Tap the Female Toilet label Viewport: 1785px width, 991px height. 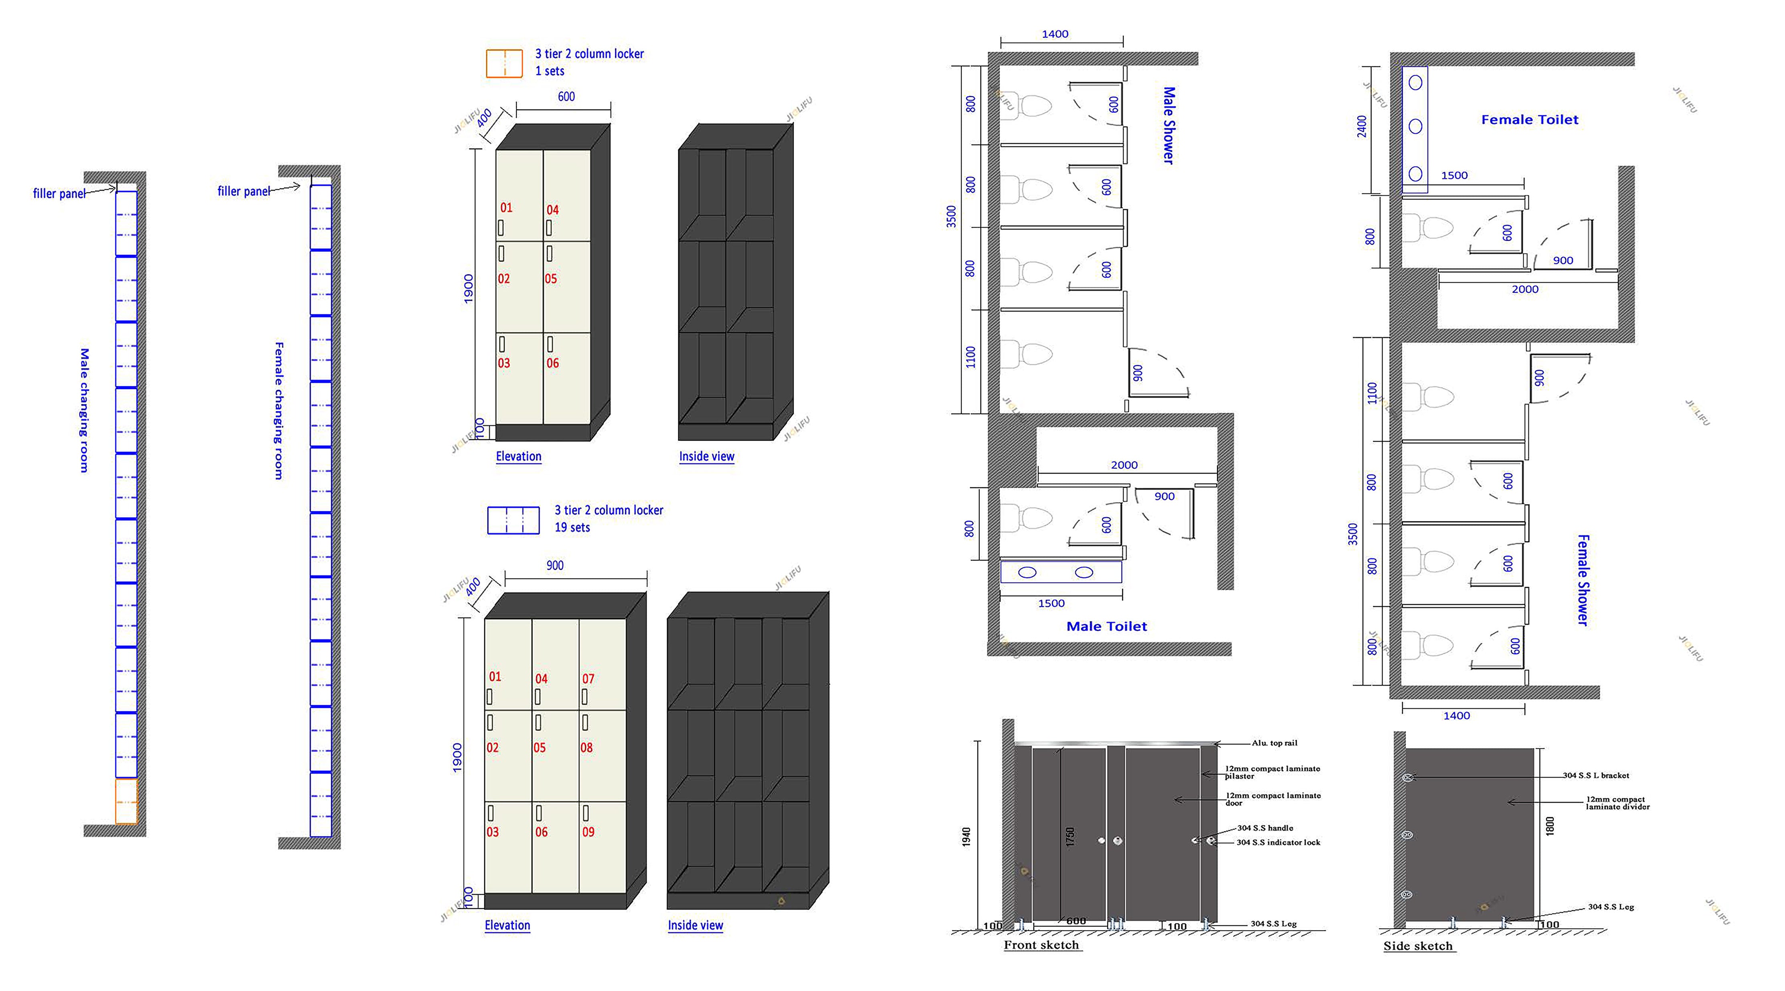[1529, 120]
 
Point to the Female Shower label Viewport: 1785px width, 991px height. [1582, 579]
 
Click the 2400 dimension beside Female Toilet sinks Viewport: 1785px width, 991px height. [1362, 126]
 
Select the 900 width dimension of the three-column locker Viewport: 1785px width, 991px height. [555, 565]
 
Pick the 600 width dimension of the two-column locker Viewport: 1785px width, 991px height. [566, 97]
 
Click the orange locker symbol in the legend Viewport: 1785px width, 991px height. [504, 63]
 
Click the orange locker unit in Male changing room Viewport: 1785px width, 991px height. [126, 801]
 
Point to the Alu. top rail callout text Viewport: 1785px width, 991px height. [1274, 743]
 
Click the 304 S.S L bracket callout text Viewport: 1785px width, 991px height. [1596, 776]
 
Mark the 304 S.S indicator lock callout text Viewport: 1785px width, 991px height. [1278, 843]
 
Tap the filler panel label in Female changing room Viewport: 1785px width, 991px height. [244, 191]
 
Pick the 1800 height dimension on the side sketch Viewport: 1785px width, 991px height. [1549, 826]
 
